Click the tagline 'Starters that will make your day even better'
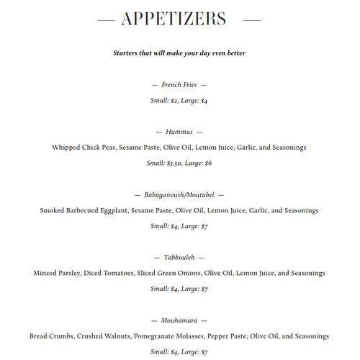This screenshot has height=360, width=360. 179,53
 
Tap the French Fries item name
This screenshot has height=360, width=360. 179,85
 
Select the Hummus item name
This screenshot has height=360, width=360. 179,132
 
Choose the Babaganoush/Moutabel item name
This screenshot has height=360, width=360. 179,195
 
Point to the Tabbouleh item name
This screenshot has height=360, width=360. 179,257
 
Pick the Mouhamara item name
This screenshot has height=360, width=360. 179,320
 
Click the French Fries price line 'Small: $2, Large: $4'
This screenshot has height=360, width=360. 179,101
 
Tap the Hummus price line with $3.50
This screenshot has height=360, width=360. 179,163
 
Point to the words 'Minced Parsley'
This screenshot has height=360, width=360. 56,274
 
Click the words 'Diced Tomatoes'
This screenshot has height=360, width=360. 107,274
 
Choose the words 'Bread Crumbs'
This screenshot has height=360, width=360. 50,336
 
